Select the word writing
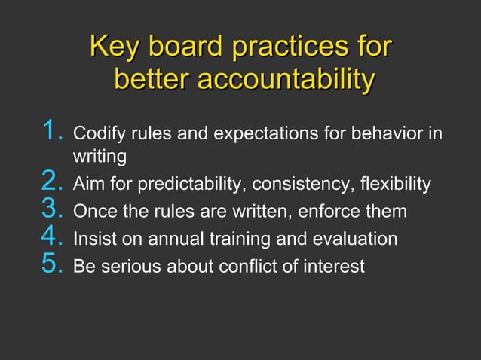tap(99, 158)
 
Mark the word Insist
tap(91, 239)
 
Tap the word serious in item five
tap(123, 266)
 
